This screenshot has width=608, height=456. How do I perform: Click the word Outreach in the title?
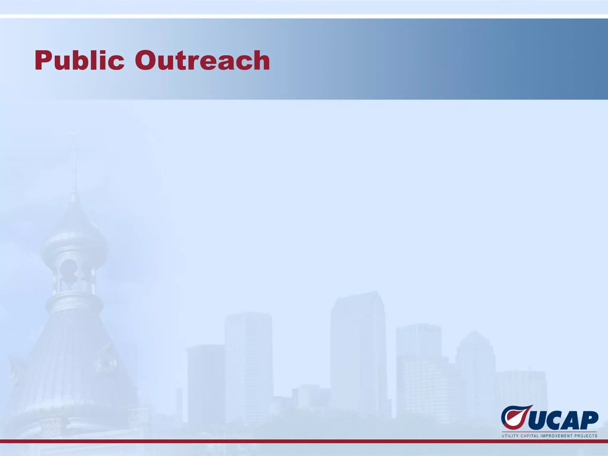click(202, 61)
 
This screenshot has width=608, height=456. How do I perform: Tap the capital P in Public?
click(43, 61)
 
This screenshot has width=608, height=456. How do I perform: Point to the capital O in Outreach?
click(147, 61)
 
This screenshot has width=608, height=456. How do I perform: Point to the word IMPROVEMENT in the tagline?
click(556, 436)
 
